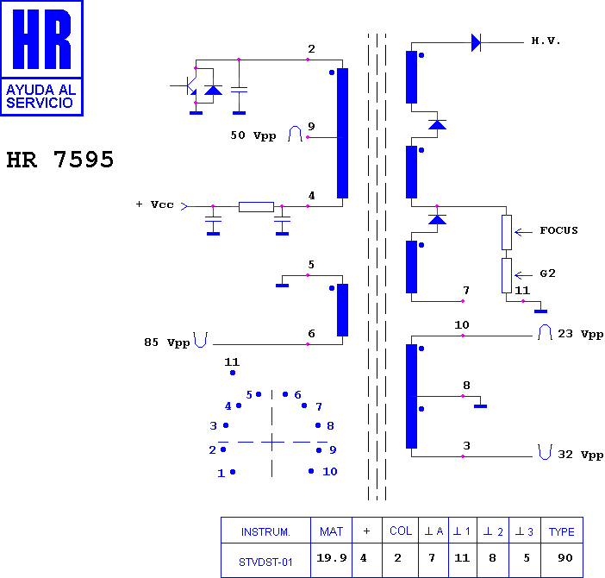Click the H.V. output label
(x=546, y=41)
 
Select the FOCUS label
(x=558, y=230)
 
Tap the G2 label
(x=547, y=273)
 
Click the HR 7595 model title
(x=60, y=160)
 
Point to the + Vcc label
(x=155, y=204)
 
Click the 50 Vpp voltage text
(x=253, y=135)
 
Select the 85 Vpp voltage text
(x=166, y=342)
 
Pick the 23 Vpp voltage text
(x=580, y=334)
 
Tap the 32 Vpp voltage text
(x=580, y=455)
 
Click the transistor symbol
(x=189, y=85)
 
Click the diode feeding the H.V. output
(x=476, y=42)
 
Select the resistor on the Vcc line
(x=256, y=207)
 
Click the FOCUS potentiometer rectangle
(x=507, y=232)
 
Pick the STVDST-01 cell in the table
(x=265, y=562)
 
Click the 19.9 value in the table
(x=332, y=558)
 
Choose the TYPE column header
(x=561, y=531)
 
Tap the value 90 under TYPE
(x=564, y=558)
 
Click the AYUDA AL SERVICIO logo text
(x=41, y=96)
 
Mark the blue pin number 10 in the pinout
(x=330, y=471)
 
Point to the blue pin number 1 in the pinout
(x=221, y=474)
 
